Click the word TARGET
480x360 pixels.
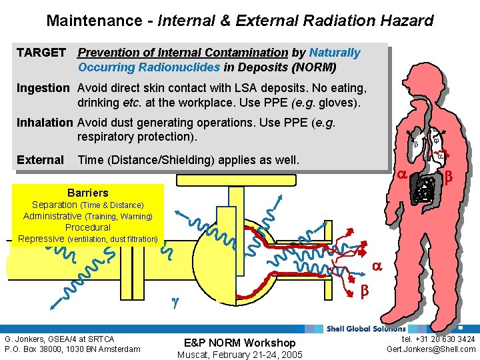(x=41, y=53)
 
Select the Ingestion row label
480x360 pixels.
(x=43, y=88)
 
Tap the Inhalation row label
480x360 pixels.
(x=45, y=123)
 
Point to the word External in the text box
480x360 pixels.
(x=40, y=160)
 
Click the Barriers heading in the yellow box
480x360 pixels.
(x=87, y=193)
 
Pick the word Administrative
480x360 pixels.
(x=52, y=216)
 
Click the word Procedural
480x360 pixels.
(x=87, y=227)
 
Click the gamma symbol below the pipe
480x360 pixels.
(x=175, y=302)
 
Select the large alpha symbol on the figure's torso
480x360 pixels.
(x=402, y=175)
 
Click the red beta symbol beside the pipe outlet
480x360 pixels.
(x=364, y=291)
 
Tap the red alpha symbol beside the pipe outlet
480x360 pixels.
(x=376, y=265)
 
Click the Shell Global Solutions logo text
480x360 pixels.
(x=365, y=328)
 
